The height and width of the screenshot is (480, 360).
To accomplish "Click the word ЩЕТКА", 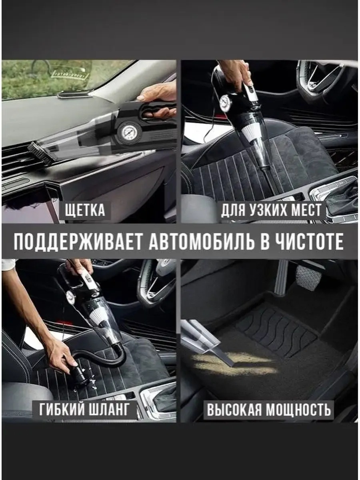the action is (85, 209).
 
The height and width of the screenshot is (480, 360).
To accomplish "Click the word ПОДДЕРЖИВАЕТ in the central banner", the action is (78, 242).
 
